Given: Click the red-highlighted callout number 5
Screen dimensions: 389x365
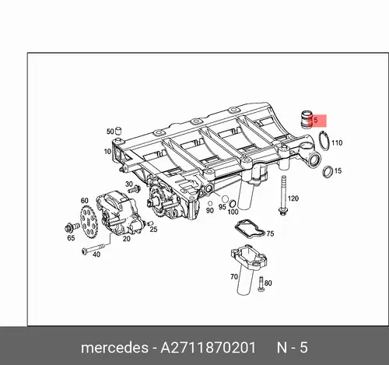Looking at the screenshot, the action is coord(315,121).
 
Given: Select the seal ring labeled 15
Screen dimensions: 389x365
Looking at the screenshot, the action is coord(328,172).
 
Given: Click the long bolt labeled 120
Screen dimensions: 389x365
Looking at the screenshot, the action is coord(282,195).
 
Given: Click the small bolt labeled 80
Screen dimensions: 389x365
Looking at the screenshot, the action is coord(261,283).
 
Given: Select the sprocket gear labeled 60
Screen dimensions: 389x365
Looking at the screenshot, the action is coord(89,222).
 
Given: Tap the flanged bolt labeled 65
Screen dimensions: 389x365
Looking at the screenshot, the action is coord(72,227).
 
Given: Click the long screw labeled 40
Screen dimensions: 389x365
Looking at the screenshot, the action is coord(93,248).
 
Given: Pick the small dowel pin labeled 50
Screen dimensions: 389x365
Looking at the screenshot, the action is coord(118,131).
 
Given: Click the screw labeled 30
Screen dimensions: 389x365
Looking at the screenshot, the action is coord(134,190).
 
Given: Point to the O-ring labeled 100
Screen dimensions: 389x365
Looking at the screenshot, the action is coord(233,204).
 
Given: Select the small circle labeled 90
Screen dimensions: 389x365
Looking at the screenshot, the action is coord(210,203).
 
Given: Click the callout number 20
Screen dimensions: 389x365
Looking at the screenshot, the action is coord(126,238).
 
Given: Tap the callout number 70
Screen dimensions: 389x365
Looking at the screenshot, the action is coord(234,277).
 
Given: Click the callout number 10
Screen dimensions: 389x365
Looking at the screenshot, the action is coord(107,151).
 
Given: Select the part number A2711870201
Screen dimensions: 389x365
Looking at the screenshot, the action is coord(209,348).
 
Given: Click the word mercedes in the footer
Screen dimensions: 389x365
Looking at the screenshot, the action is coord(114,348).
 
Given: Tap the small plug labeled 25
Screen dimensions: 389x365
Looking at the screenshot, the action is coord(149,223).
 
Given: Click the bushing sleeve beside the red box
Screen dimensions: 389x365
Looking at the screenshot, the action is coord(306,119).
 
